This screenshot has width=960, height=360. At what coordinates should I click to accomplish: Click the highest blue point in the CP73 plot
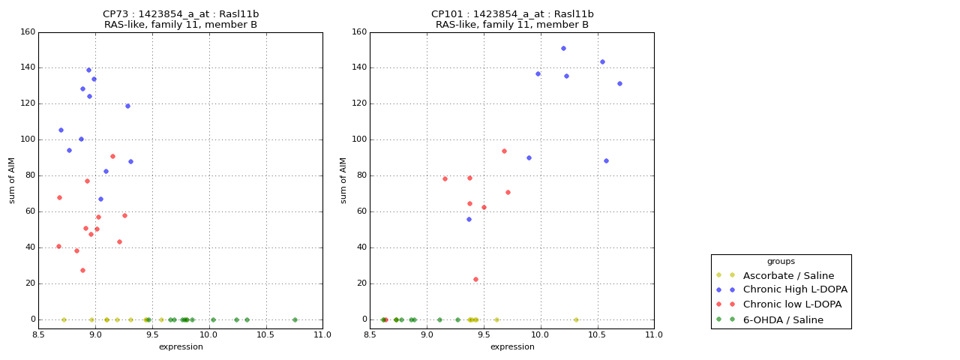click(88, 70)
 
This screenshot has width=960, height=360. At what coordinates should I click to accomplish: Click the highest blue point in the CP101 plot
click(563, 49)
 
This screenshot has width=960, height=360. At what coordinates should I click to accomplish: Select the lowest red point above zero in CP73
click(82, 271)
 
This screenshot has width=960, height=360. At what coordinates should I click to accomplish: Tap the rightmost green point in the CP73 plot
click(295, 319)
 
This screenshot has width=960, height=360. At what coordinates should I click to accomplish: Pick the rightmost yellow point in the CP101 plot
click(576, 319)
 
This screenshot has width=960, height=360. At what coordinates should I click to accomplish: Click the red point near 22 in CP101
click(475, 280)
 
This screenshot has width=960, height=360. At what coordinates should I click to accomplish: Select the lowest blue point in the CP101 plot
click(469, 220)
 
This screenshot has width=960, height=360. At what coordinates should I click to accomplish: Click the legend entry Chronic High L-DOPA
click(795, 289)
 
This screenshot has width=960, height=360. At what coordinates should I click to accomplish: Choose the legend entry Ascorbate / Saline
click(788, 275)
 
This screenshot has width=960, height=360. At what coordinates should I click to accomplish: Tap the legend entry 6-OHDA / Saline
click(783, 319)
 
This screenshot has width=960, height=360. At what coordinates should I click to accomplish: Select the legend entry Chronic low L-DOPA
click(792, 304)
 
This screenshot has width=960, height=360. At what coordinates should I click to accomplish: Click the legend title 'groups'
click(781, 262)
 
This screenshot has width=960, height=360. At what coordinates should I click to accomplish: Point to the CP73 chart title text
click(181, 19)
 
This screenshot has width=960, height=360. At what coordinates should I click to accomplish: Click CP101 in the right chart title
click(447, 14)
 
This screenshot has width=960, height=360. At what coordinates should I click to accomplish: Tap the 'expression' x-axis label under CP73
click(181, 346)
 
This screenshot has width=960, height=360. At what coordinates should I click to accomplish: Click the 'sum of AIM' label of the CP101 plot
click(343, 181)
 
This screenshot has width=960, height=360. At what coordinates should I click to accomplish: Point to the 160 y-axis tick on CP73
click(28, 32)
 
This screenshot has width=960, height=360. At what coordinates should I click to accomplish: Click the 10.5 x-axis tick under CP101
click(597, 334)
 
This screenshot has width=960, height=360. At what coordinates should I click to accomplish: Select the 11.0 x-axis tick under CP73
click(322, 334)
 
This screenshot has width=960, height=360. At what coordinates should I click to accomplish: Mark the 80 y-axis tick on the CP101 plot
click(362, 175)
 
